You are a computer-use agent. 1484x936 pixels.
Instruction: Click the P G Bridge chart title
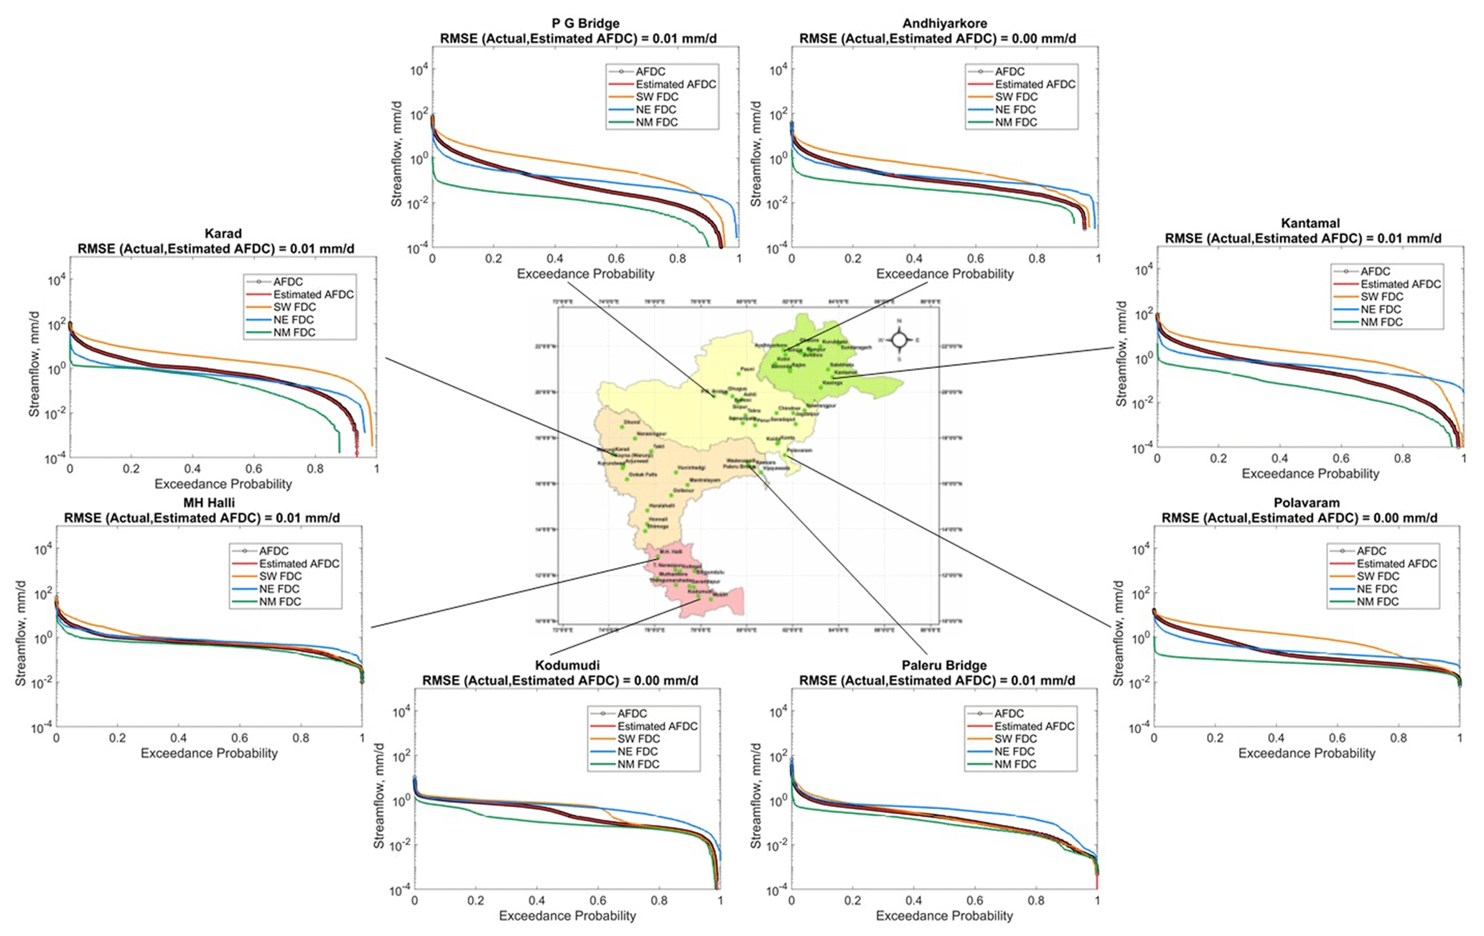pyautogui.click(x=585, y=24)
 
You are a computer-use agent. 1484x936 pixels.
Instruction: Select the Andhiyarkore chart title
pyautogui.click(x=944, y=24)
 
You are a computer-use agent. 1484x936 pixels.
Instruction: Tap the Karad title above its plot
pyautogui.click(x=223, y=234)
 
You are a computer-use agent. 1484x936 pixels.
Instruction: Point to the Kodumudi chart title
pyautogui.click(x=567, y=665)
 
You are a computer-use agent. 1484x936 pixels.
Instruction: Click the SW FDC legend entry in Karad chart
pyautogui.click(x=294, y=307)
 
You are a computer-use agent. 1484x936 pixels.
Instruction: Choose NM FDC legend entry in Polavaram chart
pyautogui.click(x=1377, y=602)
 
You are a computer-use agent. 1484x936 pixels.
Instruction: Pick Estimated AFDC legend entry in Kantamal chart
pyautogui.click(x=1400, y=284)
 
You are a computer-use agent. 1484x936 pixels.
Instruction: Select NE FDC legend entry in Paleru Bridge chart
pyautogui.click(x=1014, y=752)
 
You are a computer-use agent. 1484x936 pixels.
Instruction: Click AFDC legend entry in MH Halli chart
pyautogui.click(x=274, y=551)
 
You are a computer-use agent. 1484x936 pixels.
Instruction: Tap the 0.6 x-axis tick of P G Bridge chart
pyautogui.click(x=616, y=258)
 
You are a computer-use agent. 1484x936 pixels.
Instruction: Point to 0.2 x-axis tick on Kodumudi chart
pyautogui.click(x=476, y=900)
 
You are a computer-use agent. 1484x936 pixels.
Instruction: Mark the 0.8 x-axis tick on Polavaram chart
pyautogui.click(x=1399, y=738)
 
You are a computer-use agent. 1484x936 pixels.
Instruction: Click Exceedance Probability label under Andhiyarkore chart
pyautogui.click(x=944, y=273)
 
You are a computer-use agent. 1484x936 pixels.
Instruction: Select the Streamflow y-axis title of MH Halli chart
pyautogui.click(x=21, y=633)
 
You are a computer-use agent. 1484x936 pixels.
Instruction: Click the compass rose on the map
pyautogui.click(x=899, y=340)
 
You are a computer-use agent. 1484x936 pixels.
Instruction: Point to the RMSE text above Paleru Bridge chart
pyautogui.click(x=937, y=680)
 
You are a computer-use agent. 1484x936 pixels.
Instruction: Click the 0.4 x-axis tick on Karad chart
pyautogui.click(x=192, y=469)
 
